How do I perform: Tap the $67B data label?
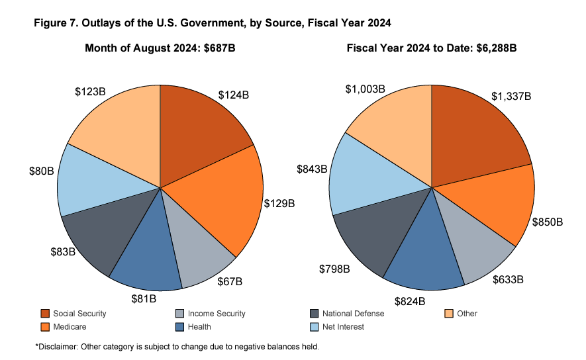[230, 282]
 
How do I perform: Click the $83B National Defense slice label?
[63, 252]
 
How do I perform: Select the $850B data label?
[547, 221]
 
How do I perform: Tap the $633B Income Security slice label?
[508, 280]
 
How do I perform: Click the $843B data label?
[311, 169]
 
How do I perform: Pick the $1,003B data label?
[367, 89]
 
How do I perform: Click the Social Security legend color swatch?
[46, 314]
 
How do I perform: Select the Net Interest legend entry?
[342, 327]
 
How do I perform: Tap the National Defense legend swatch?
[315, 314]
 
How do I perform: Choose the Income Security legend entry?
[217, 314]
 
